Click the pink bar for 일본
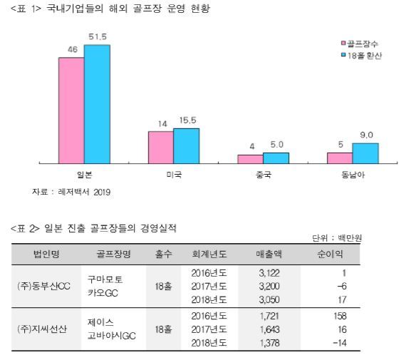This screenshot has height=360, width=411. (71, 110)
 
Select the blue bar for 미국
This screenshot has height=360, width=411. (187, 145)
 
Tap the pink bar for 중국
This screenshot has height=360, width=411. (250, 158)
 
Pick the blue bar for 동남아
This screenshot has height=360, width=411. (365, 153)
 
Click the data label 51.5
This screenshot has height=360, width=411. (98, 36)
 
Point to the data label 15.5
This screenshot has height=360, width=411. (187, 121)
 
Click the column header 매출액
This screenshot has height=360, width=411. (270, 254)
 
